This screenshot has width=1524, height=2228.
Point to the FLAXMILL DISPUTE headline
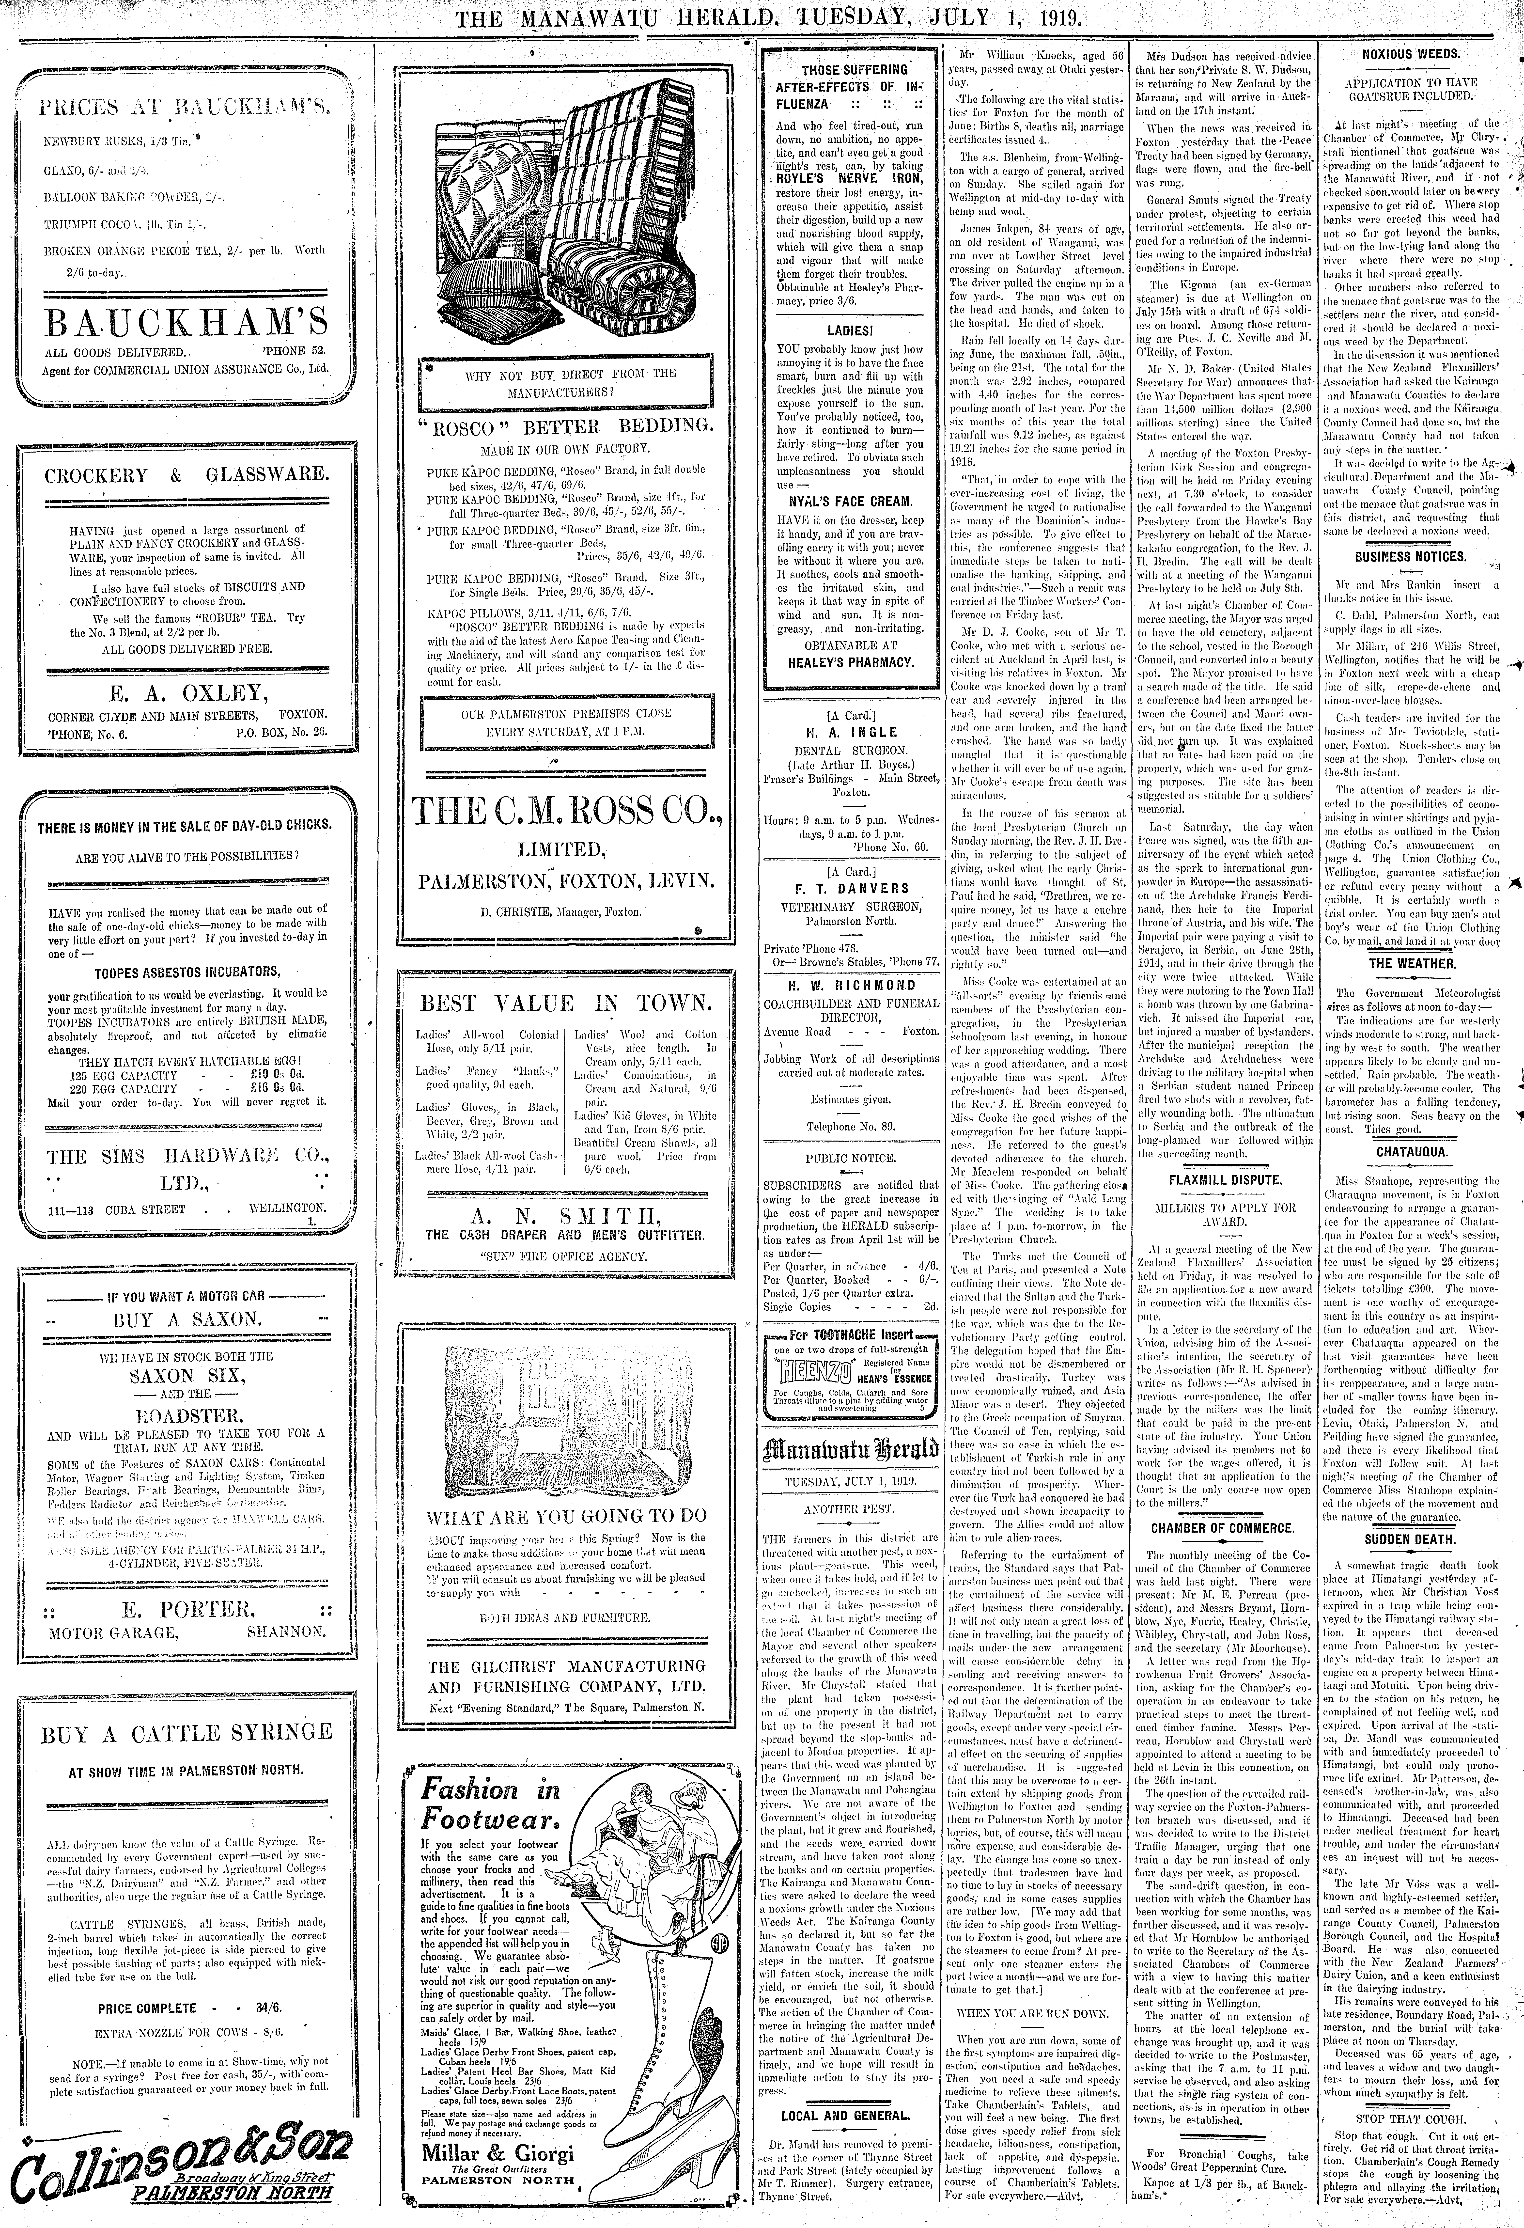click(1224, 1179)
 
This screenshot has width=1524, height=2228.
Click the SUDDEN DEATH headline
click(1414, 1540)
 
